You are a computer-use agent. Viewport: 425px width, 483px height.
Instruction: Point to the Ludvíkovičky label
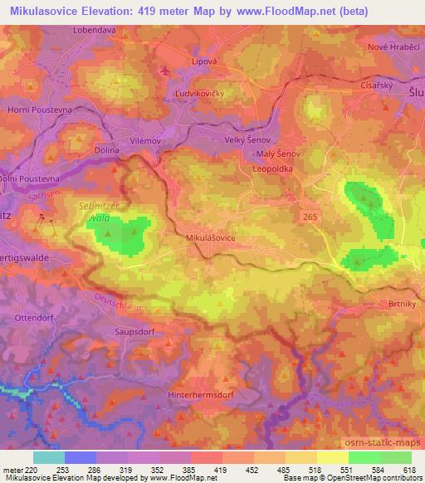pos(203,95)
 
